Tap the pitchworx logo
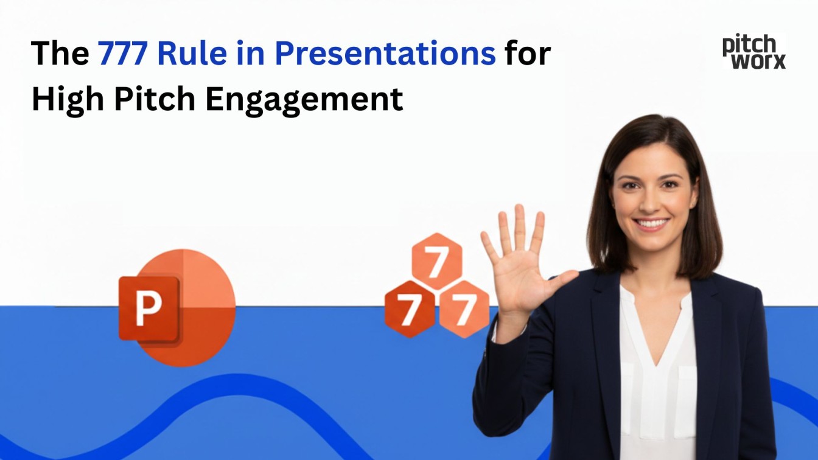(x=753, y=52)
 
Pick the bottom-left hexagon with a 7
(x=410, y=308)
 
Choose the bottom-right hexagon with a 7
(x=464, y=308)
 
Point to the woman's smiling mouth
(x=652, y=223)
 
